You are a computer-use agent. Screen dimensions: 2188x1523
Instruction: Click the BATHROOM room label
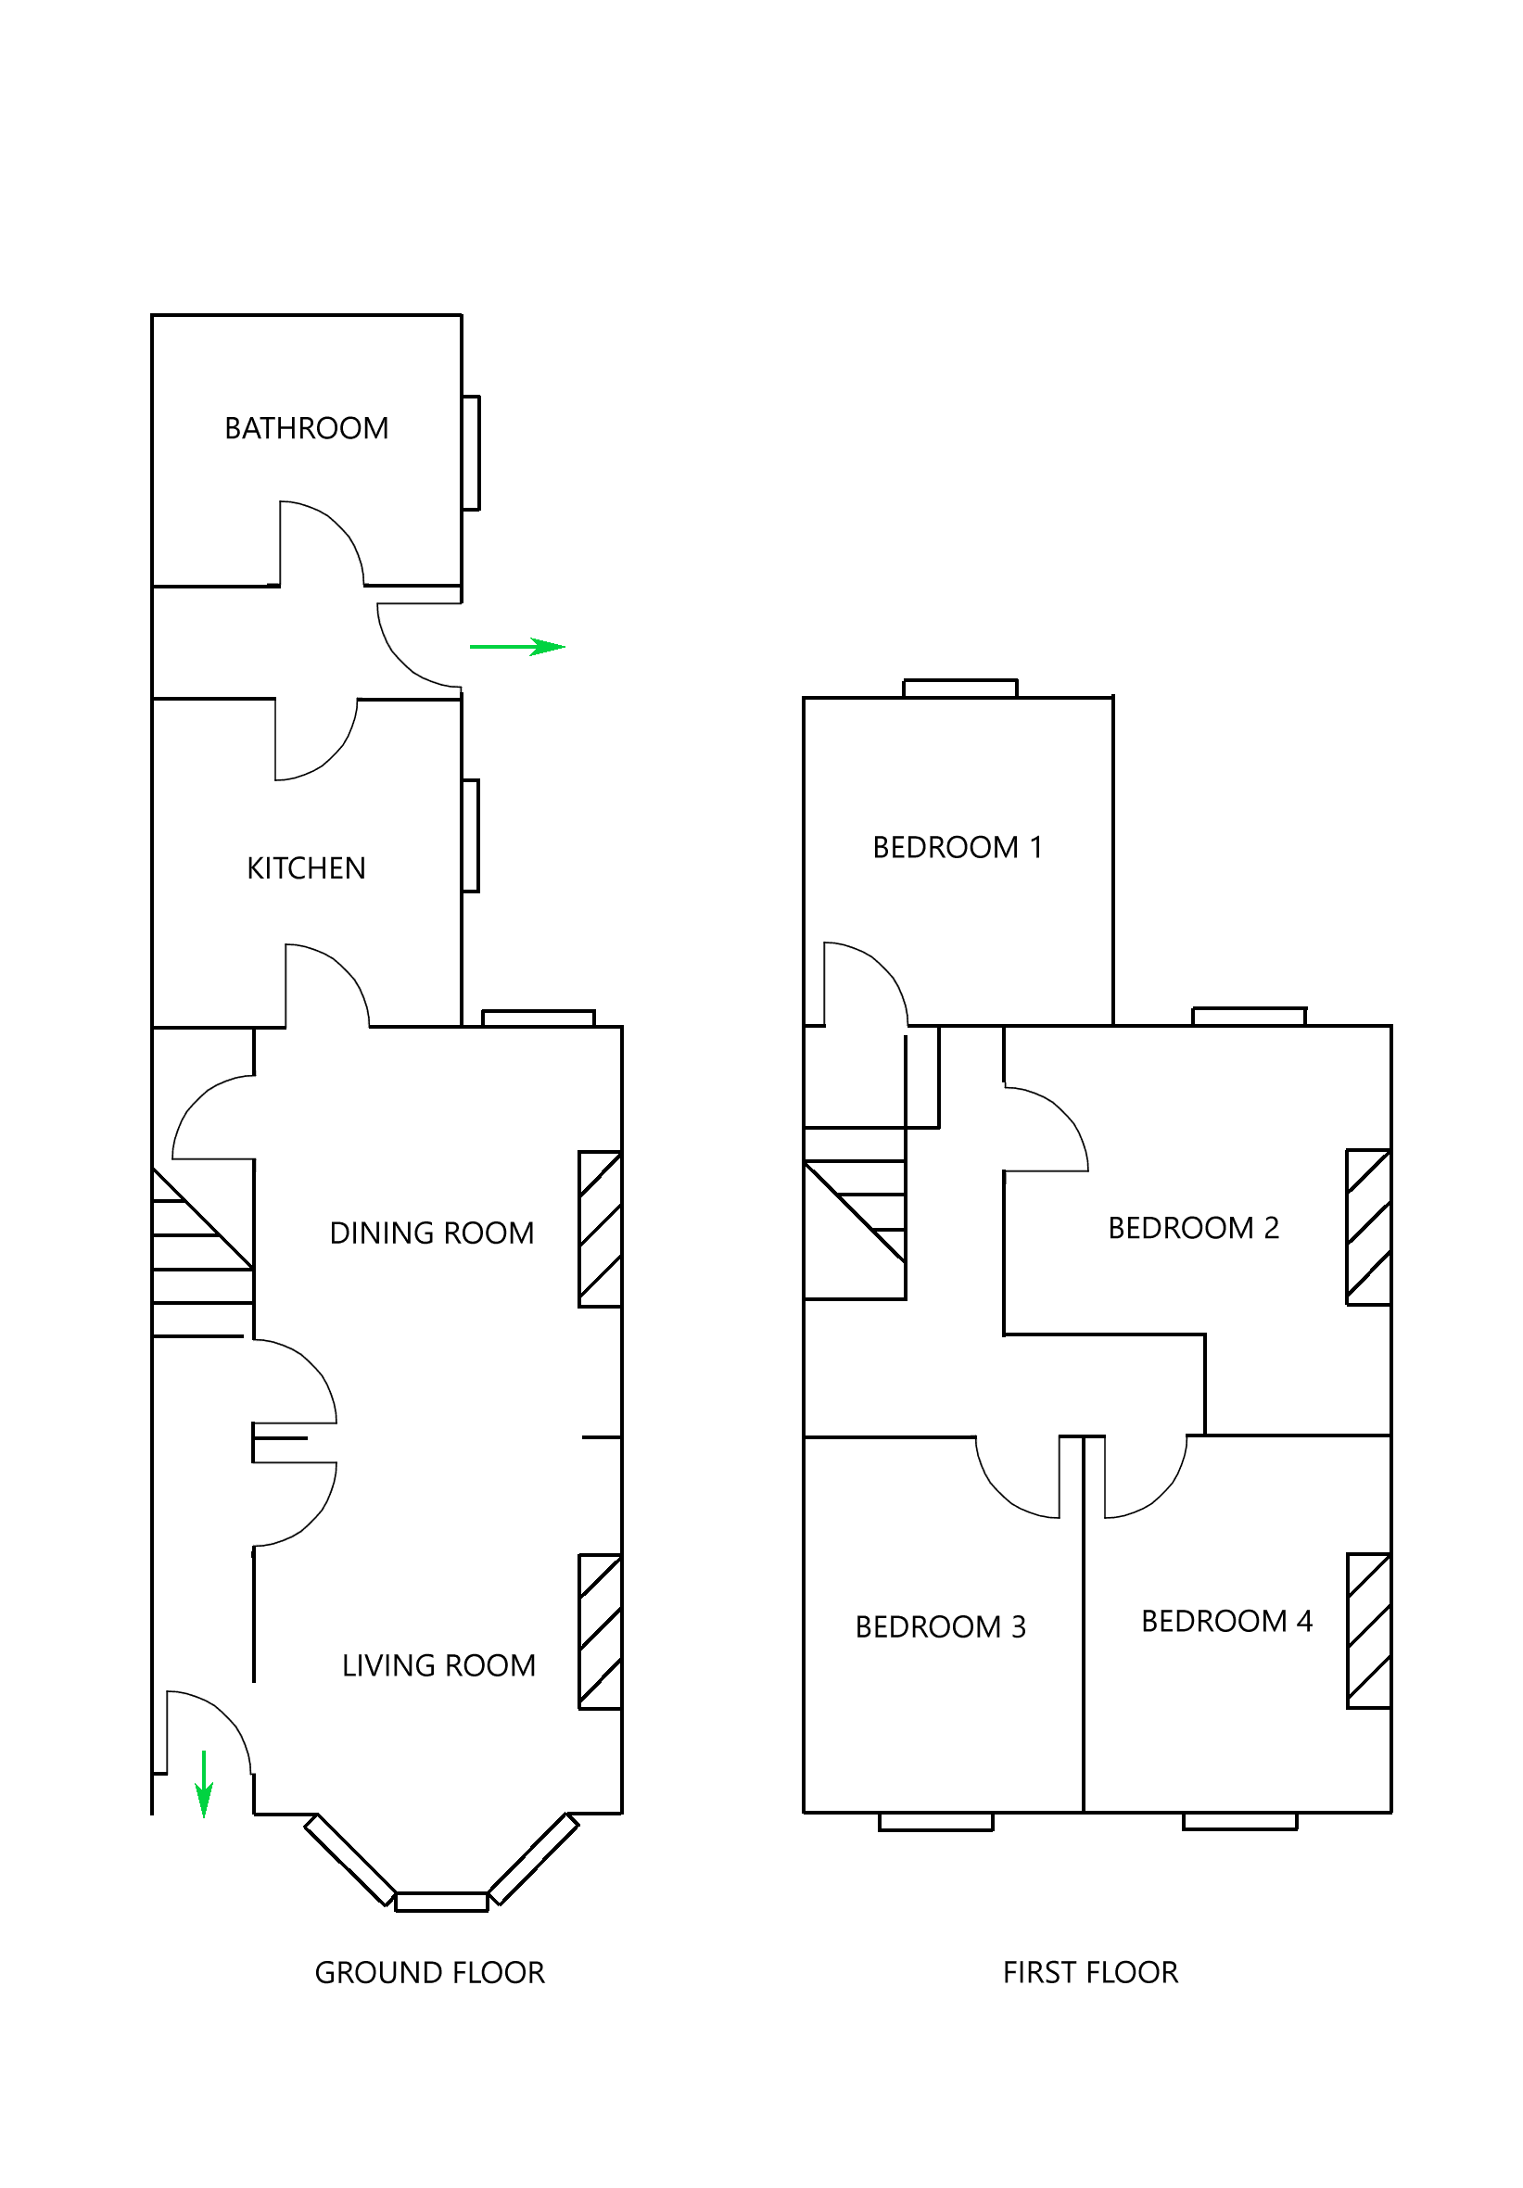tap(306, 428)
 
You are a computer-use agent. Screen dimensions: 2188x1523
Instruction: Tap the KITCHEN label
tap(306, 868)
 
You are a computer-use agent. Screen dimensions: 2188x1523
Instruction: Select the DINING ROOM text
tap(431, 1233)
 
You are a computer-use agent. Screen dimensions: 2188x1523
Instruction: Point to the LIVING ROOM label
tap(438, 1665)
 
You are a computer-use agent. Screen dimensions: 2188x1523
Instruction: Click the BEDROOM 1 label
tap(957, 847)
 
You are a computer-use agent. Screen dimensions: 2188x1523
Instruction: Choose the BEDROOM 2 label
tap(1192, 1228)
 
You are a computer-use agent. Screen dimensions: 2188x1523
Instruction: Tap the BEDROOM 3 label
tap(940, 1627)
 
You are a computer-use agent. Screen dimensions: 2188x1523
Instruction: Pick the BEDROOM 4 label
tap(1225, 1622)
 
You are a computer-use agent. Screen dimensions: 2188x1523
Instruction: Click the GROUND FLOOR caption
tap(429, 1973)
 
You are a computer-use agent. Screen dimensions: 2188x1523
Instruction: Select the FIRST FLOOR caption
tap(1089, 1973)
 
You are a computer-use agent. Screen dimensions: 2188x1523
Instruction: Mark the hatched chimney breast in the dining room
tap(601, 1230)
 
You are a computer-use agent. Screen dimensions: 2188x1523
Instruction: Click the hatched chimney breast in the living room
tap(601, 1632)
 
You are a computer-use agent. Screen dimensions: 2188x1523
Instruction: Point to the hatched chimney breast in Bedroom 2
tap(1367, 1227)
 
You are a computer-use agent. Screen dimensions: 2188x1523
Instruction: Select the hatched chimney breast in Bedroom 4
tap(1367, 1631)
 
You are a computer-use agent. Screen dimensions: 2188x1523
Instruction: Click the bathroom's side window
tap(471, 452)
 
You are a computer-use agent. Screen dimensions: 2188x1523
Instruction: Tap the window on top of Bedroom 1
tap(959, 688)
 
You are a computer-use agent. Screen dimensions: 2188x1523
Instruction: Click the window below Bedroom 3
tap(935, 1822)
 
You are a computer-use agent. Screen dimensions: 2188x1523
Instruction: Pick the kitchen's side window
tap(470, 836)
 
